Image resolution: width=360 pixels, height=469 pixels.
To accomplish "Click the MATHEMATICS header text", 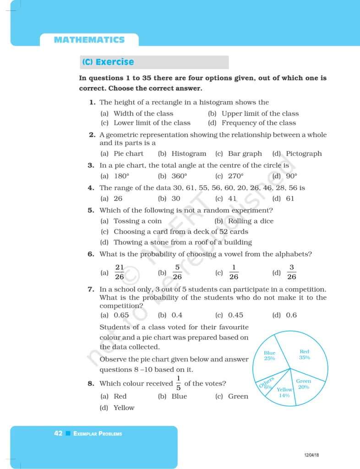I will point(89,40).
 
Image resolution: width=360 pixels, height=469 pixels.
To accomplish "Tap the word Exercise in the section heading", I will point(115,62).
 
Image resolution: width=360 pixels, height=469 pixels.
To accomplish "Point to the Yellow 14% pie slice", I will point(284,393).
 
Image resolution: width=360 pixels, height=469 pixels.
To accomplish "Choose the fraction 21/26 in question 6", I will point(120,272).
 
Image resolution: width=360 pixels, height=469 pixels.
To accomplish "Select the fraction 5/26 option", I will point(177,272).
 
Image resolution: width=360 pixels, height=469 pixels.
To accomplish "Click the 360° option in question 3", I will point(179,176).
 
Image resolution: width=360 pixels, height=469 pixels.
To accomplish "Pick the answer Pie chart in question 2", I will point(128,154).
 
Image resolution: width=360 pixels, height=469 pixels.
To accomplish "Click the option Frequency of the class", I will point(259,123).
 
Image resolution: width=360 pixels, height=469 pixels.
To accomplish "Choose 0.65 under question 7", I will point(121,315).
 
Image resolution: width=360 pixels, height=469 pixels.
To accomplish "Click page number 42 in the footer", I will point(58,433).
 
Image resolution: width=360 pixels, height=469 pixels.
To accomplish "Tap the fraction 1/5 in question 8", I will point(178,384).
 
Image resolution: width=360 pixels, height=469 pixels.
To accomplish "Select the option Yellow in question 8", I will point(124,408).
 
